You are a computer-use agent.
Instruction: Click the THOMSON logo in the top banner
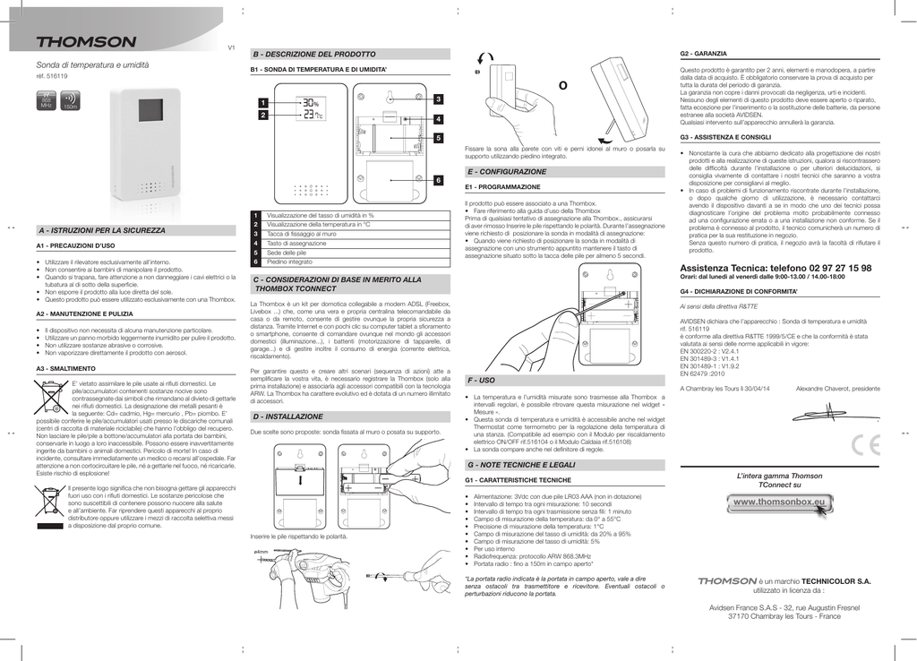click(x=86, y=42)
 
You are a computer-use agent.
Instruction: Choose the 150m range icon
click(x=70, y=100)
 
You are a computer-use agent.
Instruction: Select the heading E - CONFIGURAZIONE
click(x=507, y=171)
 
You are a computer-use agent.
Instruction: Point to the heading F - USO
click(x=482, y=381)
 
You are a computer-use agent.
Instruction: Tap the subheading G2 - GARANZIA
click(x=704, y=56)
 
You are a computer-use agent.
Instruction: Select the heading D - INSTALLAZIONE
click(x=288, y=416)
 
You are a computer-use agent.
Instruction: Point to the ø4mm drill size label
click(x=262, y=552)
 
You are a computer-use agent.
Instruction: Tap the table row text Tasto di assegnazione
click(x=296, y=244)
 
